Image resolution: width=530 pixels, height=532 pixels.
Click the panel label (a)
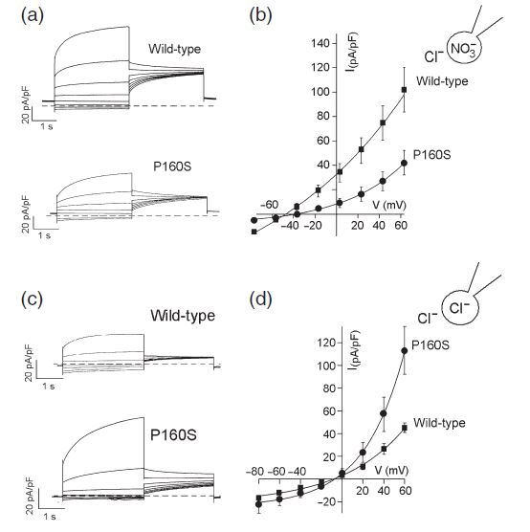click(33, 16)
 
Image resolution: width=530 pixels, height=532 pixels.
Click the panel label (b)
click(260, 16)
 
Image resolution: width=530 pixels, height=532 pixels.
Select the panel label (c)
click(32, 299)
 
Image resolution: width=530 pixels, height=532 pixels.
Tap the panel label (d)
click(260, 299)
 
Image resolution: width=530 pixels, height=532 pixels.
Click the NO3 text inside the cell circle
click(463, 49)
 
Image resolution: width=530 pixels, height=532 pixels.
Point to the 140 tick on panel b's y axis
click(320, 43)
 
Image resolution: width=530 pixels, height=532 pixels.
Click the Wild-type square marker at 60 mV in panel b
click(404, 90)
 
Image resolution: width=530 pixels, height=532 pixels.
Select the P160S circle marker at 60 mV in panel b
click(404, 164)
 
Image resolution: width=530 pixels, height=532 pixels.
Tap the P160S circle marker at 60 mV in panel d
click(404, 351)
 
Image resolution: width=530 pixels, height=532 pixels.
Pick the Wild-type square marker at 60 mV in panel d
click(405, 428)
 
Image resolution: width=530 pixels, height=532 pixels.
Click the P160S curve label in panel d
click(431, 345)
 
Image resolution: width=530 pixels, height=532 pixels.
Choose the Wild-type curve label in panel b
click(442, 81)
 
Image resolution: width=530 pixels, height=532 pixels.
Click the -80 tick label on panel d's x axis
click(255, 472)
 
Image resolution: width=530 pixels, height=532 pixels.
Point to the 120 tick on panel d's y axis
click(323, 343)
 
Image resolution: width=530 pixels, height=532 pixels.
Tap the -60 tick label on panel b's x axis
click(270, 205)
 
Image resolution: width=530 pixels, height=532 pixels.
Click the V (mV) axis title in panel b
click(389, 205)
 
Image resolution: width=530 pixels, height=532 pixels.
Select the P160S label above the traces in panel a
click(172, 166)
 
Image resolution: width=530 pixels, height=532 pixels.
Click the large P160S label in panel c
click(173, 435)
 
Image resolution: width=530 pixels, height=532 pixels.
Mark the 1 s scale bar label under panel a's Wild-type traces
click(47, 126)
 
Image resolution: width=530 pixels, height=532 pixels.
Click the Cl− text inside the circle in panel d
click(459, 308)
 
